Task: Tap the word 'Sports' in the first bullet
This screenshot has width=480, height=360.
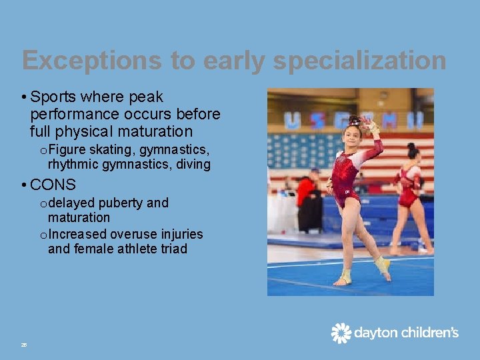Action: [x=53, y=97]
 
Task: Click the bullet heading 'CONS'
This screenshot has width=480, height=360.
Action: [x=53, y=185]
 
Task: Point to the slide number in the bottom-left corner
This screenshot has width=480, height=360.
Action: [x=23, y=345]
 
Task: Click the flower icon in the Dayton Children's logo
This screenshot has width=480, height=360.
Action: [x=341, y=333]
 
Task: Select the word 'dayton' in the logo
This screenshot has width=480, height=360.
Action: [x=374, y=333]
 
